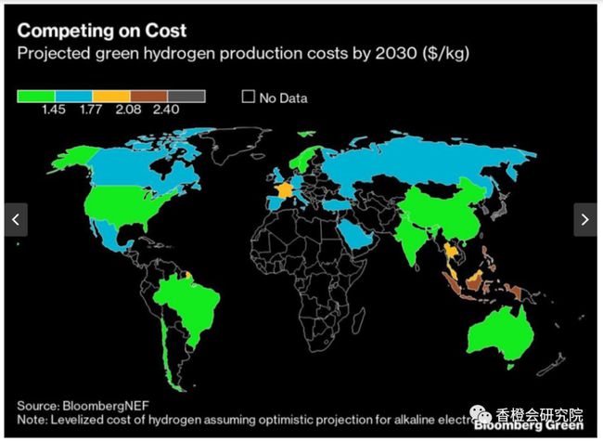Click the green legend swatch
[36, 96]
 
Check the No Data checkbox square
[248, 97]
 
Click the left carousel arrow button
[16, 219]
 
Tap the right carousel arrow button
[585, 219]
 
